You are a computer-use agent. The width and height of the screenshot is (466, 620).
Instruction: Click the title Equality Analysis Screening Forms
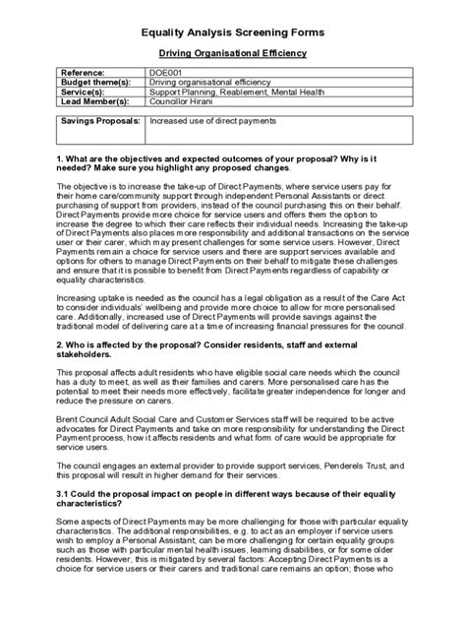click(x=233, y=31)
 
